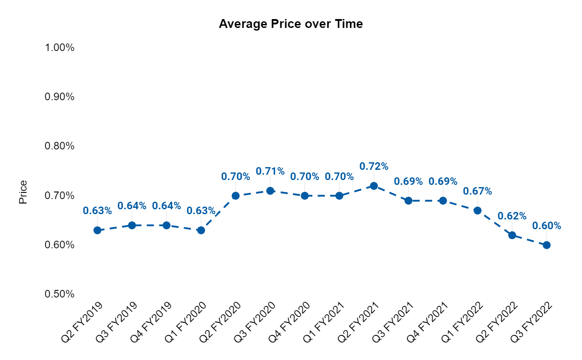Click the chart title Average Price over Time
pos(291,24)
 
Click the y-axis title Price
pos(23,192)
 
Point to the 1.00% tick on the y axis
pos(59,47)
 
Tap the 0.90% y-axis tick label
pos(59,97)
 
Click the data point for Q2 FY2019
pos(98,230)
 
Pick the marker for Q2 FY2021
pos(374,186)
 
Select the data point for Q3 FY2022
pos(547,245)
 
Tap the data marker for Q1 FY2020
pos(201,230)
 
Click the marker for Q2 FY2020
pos(236,196)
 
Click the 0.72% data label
pos(374,166)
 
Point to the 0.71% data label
pos(270,171)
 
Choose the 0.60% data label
pos(547,226)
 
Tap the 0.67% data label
pos(477,191)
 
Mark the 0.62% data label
pos(512,216)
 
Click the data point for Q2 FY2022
pos(512,235)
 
